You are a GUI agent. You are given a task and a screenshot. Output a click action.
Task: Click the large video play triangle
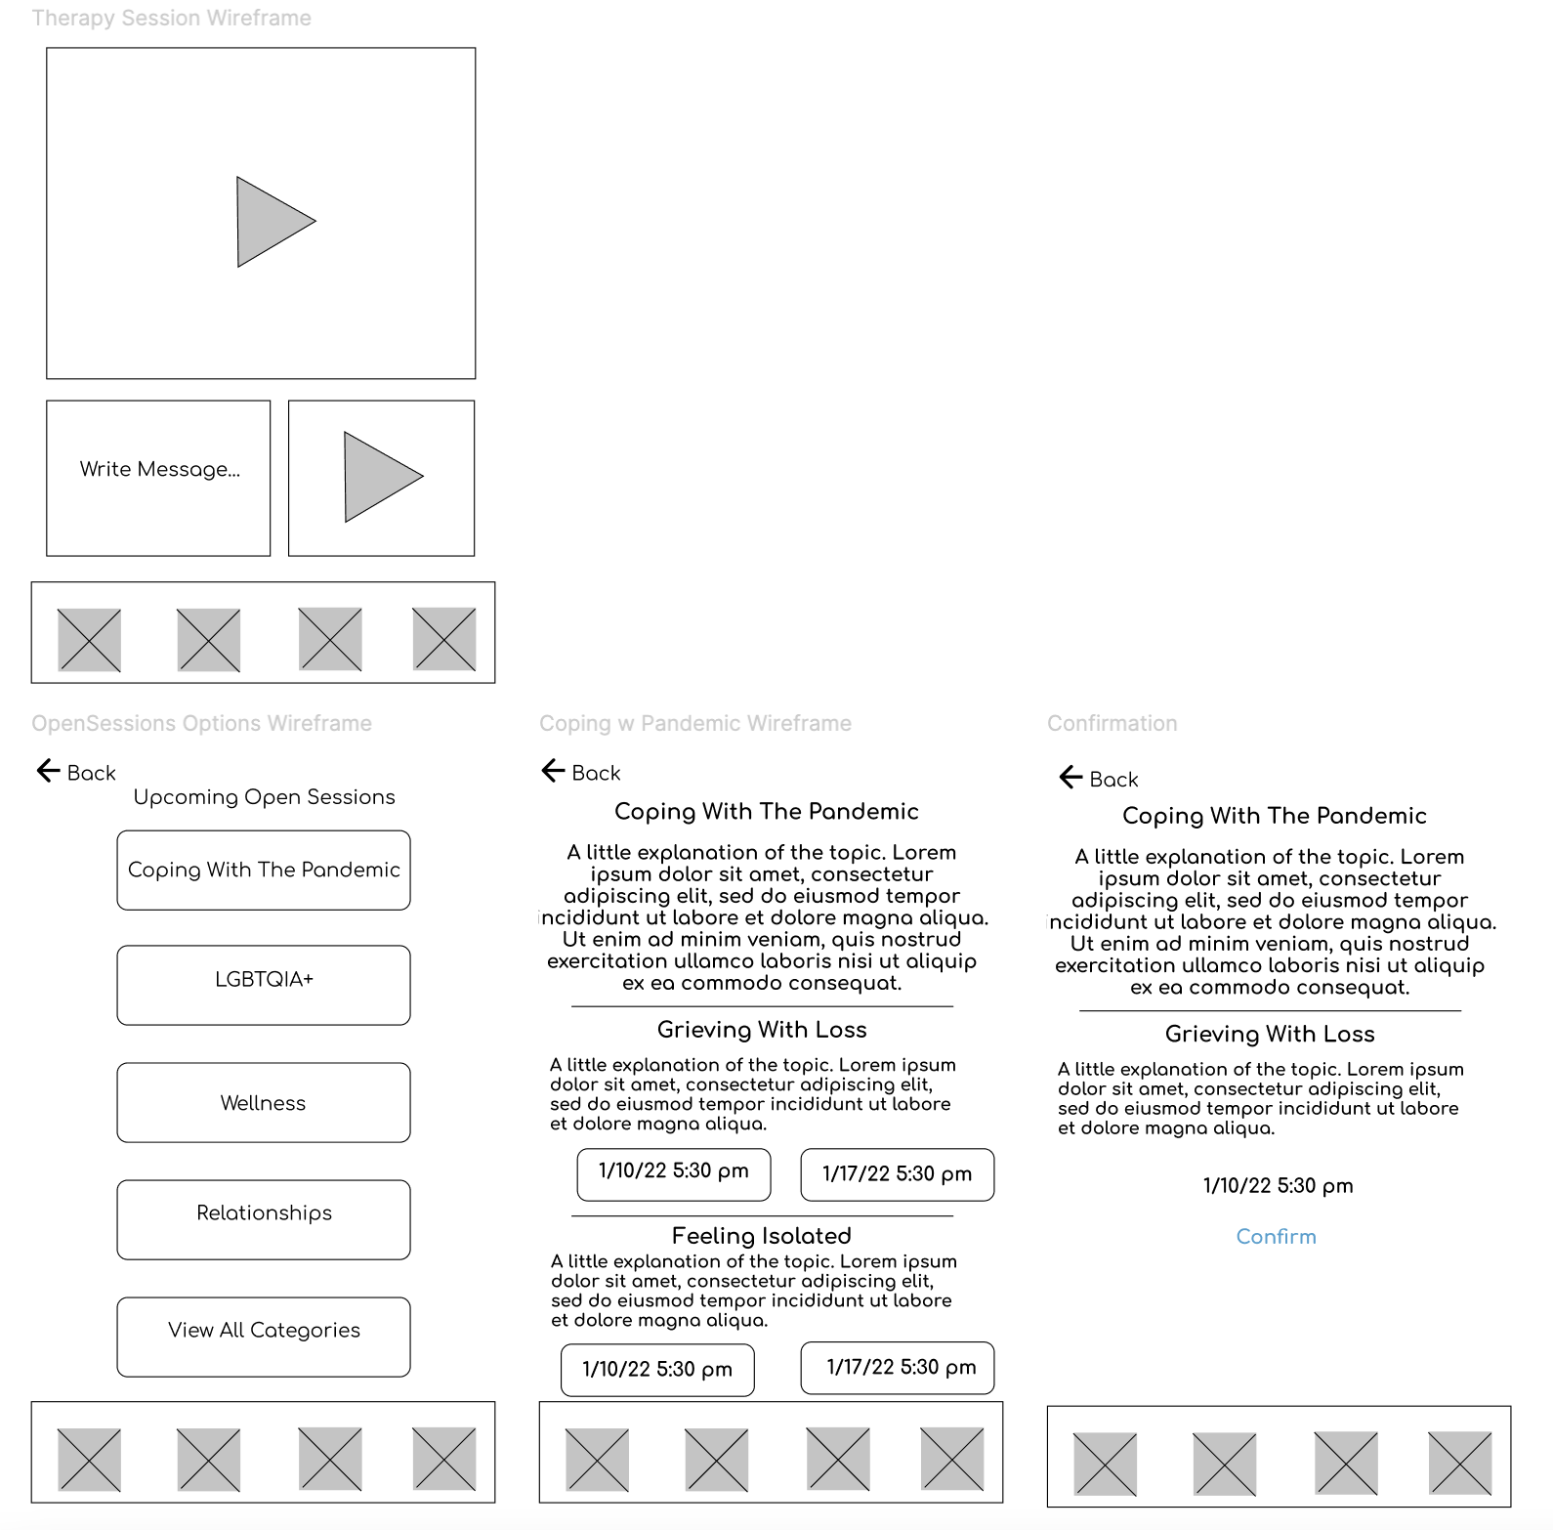273,222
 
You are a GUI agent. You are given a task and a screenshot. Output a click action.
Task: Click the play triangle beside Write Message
380,477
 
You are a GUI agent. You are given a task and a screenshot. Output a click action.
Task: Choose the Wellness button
264,1102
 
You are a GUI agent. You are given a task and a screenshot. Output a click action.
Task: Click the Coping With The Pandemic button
264,870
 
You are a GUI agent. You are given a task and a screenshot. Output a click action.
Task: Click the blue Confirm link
1276,1236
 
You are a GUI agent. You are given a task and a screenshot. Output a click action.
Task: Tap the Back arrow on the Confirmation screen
1071,778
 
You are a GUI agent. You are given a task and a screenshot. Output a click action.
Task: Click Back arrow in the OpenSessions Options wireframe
49,771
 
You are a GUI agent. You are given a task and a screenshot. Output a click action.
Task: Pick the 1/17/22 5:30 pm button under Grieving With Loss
897,1174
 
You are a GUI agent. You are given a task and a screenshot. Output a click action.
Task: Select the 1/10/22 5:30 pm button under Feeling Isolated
657,1370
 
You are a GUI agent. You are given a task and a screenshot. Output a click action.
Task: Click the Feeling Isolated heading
761,1235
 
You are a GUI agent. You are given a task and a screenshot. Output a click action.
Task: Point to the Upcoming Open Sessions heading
264,796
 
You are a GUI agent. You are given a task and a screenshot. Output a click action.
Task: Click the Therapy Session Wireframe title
171,18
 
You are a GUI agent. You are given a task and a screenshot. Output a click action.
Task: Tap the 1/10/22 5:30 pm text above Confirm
1278,1185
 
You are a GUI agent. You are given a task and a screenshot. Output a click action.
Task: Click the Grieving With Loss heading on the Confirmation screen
1269,1034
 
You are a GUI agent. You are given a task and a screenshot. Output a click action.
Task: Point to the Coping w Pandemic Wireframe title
694,723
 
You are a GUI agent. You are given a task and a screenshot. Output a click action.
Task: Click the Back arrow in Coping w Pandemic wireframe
554,771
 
